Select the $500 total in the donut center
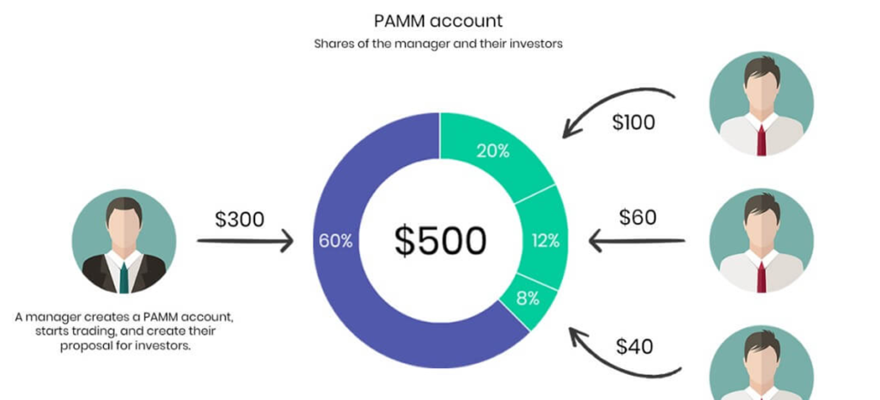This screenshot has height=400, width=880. [x=440, y=241]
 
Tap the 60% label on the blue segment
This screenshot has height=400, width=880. [x=335, y=241]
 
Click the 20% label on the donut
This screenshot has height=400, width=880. [x=492, y=152]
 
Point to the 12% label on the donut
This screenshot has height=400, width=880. [x=545, y=241]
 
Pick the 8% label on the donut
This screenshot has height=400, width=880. [x=528, y=298]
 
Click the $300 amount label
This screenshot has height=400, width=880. [x=239, y=219]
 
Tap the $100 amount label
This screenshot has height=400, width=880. [x=633, y=122]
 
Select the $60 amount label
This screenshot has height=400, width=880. [x=638, y=217]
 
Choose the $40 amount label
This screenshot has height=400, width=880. [x=634, y=347]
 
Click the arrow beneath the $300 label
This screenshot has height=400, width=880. [x=245, y=242]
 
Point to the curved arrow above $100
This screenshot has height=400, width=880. [x=617, y=102]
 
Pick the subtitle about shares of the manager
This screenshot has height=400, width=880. [x=438, y=43]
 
